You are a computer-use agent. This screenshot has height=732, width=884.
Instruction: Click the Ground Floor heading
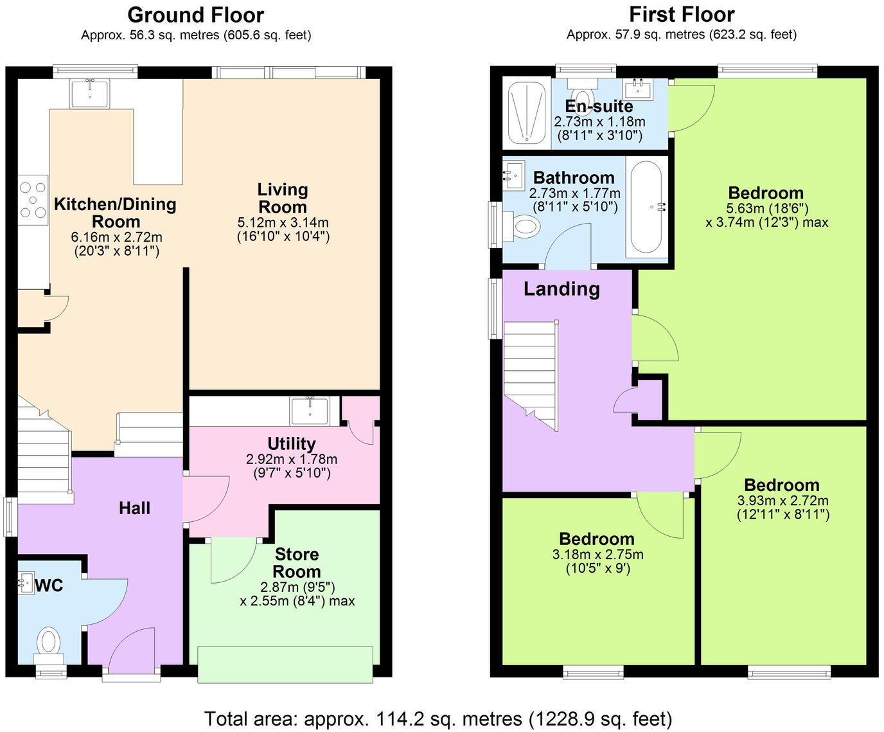(x=195, y=14)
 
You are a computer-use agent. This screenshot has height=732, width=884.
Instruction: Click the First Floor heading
(x=681, y=14)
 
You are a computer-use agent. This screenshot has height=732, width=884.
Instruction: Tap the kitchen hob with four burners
(x=32, y=200)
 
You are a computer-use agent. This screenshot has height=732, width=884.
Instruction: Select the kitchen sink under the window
(x=90, y=93)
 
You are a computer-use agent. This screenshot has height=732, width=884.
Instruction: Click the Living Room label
(x=283, y=198)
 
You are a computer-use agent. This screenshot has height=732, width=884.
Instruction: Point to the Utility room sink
(x=310, y=411)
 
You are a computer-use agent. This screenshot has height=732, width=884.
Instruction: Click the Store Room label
(x=296, y=563)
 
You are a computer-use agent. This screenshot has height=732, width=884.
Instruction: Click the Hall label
(x=134, y=508)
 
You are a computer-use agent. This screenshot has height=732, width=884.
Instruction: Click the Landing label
(x=561, y=289)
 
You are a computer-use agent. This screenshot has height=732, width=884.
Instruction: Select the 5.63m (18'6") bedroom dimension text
(x=766, y=208)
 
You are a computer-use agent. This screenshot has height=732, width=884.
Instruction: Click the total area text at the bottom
(x=438, y=718)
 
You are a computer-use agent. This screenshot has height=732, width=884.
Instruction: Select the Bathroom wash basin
(x=513, y=174)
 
